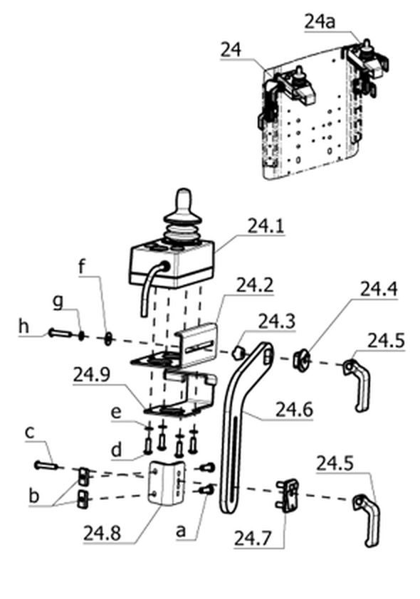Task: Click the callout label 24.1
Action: (266, 226)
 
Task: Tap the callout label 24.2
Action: (255, 285)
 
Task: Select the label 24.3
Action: (277, 322)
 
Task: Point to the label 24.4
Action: (379, 290)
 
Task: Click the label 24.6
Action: (294, 410)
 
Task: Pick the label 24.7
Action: (253, 539)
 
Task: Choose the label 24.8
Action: (102, 533)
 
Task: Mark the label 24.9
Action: (92, 375)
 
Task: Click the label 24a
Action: (320, 22)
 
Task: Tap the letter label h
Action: (23, 327)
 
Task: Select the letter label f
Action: (81, 267)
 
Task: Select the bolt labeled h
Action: (60, 334)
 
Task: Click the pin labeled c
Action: (46, 466)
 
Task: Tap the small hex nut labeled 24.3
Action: (238, 352)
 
